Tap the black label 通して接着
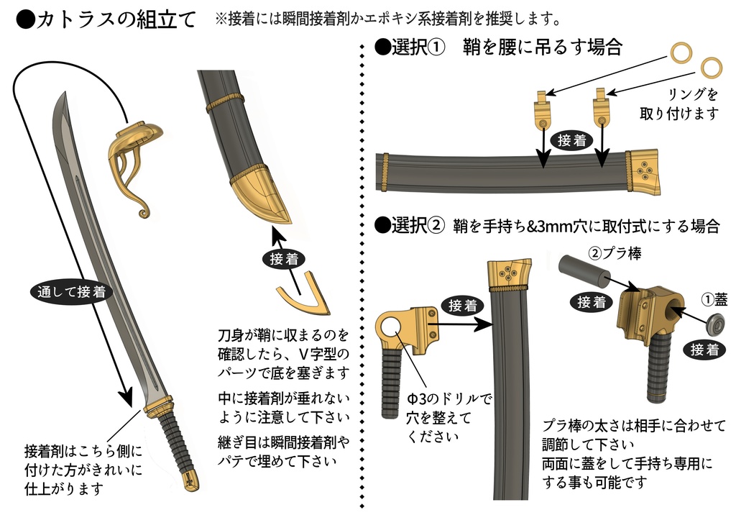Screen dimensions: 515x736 70,291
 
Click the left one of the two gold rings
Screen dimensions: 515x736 681,53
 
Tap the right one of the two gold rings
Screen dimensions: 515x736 710,68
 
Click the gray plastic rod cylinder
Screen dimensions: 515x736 583,270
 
